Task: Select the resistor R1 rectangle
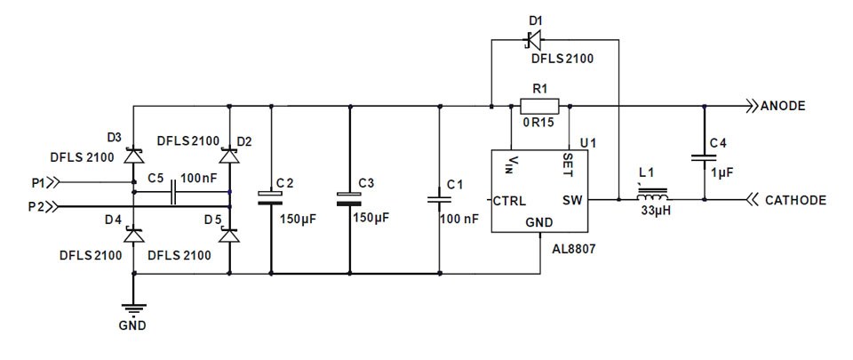[x=541, y=106]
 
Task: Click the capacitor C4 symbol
[x=704, y=158]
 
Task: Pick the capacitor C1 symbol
[x=439, y=198]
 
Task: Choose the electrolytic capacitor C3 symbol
[x=349, y=197]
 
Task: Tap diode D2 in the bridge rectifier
[x=229, y=155]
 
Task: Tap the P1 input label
[x=38, y=182]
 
